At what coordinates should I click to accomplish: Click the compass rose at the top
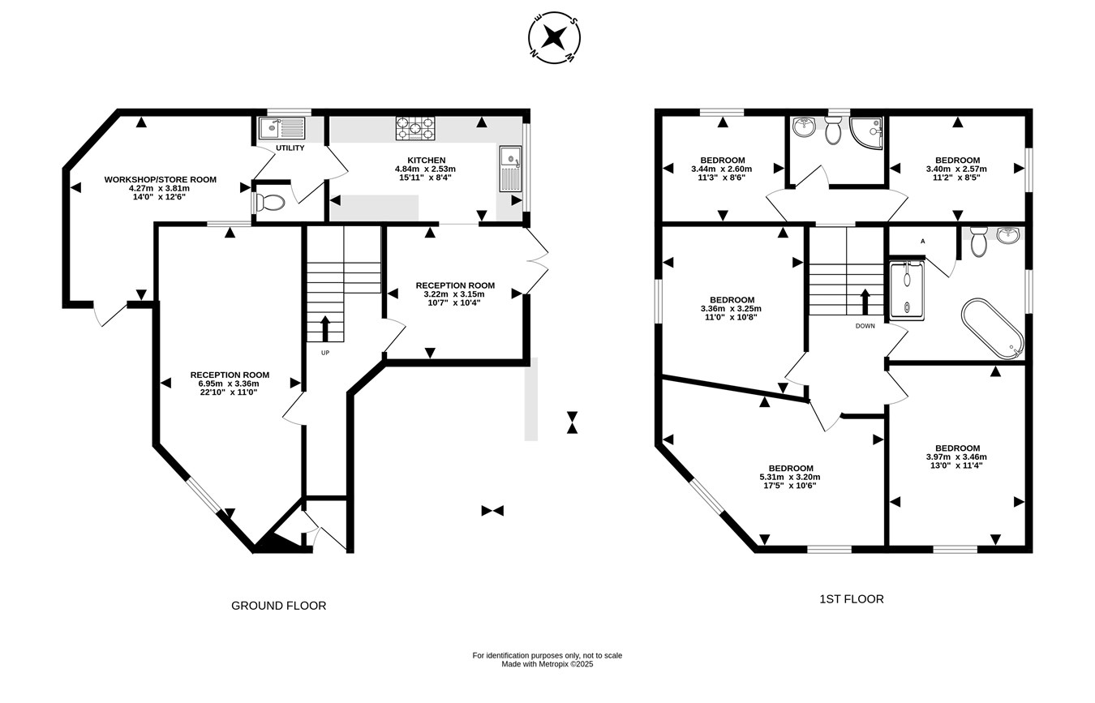tap(554, 37)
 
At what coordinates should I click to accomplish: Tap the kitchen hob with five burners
tap(415, 128)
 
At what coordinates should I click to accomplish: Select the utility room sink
tap(282, 128)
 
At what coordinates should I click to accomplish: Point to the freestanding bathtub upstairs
tap(992, 329)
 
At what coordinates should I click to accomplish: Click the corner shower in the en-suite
tap(866, 133)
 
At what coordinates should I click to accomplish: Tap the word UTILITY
tap(290, 148)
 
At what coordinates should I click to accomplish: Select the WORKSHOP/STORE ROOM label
tap(161, 180)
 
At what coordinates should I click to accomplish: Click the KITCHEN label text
tap(427, 161)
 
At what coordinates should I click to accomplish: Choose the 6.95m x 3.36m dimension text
tap(230, 384)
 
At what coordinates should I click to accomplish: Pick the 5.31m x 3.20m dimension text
tap(791, 477)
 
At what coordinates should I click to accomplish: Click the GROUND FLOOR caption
tap(279, 606)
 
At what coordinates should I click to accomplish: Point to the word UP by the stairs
tap(325, 353)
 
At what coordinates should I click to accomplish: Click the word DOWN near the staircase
tap(865, 326)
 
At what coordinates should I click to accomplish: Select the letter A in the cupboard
tap(923, 242)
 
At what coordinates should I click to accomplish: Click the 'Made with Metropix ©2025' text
tap(547, 664)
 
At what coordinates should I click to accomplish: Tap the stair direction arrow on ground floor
tap(324, 328)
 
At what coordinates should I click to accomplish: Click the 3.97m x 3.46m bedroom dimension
tap(956, 457)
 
